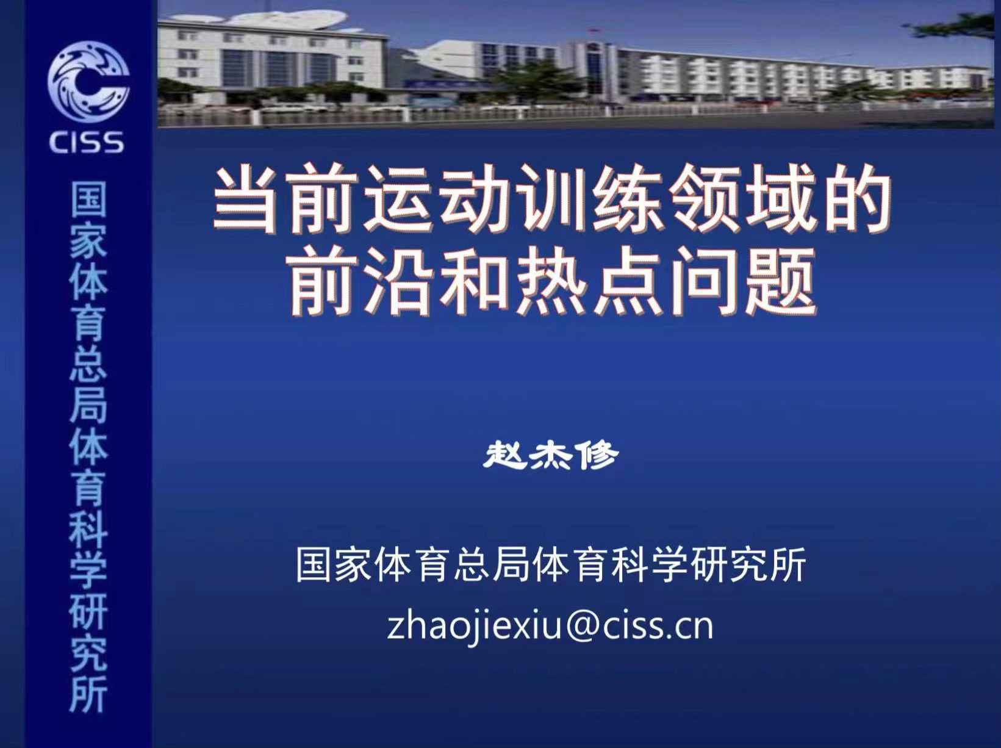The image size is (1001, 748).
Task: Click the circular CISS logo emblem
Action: click(x=88, y=82)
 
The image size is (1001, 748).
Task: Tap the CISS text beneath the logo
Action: click(x=87, y=142)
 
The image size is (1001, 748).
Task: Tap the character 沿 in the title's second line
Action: click(x=398, y=281)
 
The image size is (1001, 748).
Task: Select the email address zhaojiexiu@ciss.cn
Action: click(x=550, y=628)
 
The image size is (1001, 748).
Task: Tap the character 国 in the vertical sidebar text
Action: click(x=88, y=200)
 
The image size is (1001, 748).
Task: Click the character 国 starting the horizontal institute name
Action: click(x=314, y=564)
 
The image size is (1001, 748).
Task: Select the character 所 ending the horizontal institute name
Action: click(x=788, y=564)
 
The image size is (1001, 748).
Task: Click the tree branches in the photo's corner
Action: click(x=953, y=27)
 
